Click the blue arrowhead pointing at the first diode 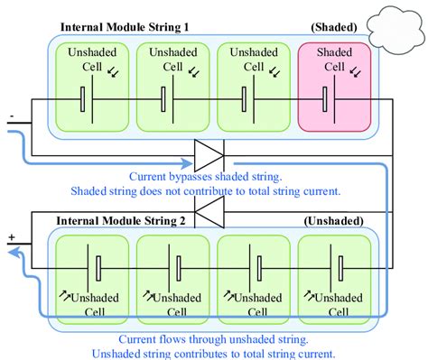[188, 165]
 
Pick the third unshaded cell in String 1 [251, 88]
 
